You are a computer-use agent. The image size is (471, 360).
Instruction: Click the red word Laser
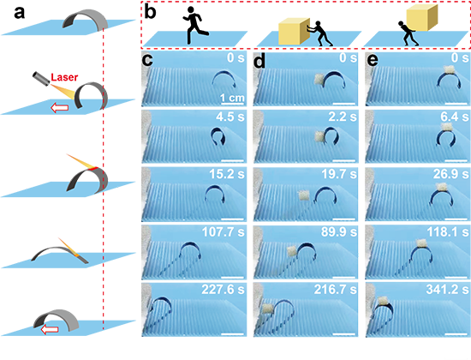coord(64,77)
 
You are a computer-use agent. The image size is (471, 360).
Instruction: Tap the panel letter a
coord(19,13)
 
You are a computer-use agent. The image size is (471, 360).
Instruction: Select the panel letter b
coord(150,12)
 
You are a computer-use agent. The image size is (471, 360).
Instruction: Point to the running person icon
coord(195,26)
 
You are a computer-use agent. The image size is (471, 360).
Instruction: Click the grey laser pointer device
coord(41,78)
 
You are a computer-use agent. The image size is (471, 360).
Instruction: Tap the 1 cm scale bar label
coord(232,98)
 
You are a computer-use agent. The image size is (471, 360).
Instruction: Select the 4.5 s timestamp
coord(230,117)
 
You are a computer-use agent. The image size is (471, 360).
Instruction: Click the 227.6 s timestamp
coord(223,289)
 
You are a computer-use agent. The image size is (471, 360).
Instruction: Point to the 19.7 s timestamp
coord(339,174)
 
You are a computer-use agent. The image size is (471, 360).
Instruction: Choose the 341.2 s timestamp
coord(447,289)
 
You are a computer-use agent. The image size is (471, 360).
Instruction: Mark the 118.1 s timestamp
coord(448,231)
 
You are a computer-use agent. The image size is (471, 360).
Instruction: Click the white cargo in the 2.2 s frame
coord(319,136)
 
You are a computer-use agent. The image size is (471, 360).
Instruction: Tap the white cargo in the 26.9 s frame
coord(442,187)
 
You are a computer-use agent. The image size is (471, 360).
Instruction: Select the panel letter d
coord(260,61)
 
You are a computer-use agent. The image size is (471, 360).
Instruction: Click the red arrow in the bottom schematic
coord(50,329)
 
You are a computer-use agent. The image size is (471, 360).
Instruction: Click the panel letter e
coord(373,62)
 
